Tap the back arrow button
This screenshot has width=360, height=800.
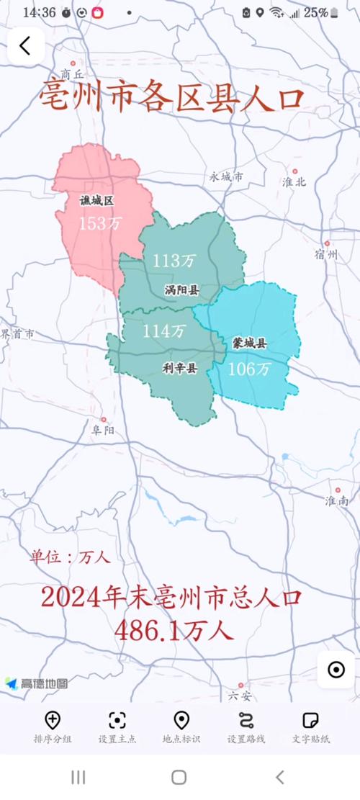(25, 46)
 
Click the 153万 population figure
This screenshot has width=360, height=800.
(100, 223)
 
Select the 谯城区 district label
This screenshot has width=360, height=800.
(97, 201)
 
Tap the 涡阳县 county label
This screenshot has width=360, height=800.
(181, 290)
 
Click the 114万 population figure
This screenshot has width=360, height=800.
(163, 331)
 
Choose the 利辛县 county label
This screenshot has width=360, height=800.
(179, 368)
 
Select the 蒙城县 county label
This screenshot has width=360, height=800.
(249, 343)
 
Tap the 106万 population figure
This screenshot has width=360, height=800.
(249, 369)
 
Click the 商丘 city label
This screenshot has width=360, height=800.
(73, 74)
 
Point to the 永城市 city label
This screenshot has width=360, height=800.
(226, 176)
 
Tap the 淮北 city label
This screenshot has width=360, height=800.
(294, 181)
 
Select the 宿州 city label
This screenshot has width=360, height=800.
(326, 254)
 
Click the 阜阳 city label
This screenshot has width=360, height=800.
(103, 430)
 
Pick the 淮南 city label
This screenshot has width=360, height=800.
(336, 500)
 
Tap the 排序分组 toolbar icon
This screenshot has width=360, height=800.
(52, 721)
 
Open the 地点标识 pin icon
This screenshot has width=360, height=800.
(181, 721)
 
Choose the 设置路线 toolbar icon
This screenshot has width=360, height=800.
(246, 721)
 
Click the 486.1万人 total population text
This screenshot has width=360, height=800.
(174, 631)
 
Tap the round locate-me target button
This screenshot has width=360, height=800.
(336, 670)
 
